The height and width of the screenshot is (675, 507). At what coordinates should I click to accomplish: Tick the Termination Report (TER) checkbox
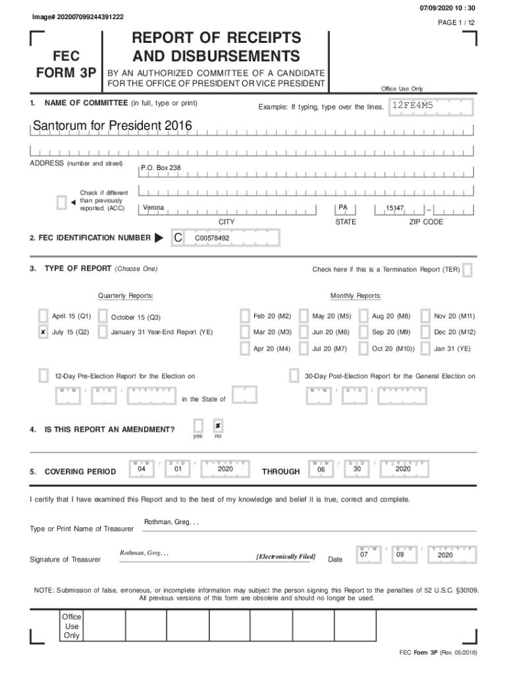click(x=467, y=270)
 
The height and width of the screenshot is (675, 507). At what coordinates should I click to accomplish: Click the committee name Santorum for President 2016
click(x=105, y=125)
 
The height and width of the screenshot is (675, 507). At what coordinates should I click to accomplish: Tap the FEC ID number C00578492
click(x=212, y=238)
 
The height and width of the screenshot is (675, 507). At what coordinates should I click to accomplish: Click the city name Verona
click(x=153, y=208)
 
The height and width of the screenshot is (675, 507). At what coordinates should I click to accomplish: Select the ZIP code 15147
click(x=394, y=208)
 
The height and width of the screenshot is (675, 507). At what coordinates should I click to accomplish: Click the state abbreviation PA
click(x=342, y=208)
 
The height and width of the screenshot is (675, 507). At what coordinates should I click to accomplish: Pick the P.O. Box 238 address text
click(x=161, y=168)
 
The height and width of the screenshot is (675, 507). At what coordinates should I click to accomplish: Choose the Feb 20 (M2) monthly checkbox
click(x=245, y=316)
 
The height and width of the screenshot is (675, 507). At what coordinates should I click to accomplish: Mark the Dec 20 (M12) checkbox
click(x=425, y=332)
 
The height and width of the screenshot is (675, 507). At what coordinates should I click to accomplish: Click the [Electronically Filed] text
click(x=286, y=556)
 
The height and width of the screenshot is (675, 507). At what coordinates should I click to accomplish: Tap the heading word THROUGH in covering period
click(x=280, y=472)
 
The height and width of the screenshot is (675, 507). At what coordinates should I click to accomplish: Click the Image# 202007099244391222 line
click(x=78, y=16)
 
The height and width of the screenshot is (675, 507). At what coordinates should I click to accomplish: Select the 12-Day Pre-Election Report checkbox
click(x=43, y=376)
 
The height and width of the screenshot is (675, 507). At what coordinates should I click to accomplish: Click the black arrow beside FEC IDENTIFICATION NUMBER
click(x=159, y=238)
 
